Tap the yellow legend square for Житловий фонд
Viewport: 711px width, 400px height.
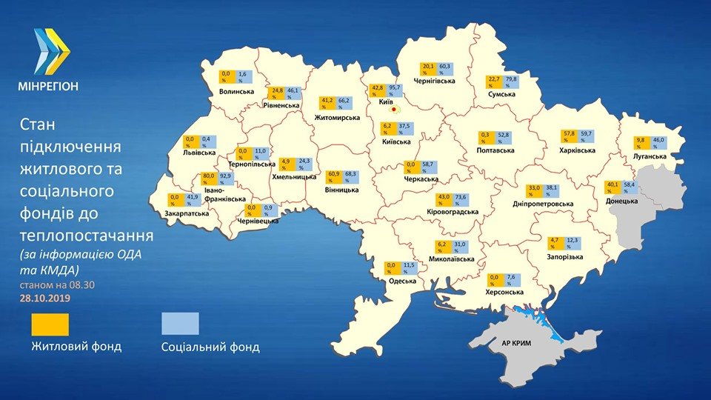pyautogui.click(x=50, y=324)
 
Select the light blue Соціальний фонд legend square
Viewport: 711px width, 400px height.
pyautogui.click(x=180, y=324)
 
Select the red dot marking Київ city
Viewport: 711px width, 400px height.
pyautogui.click(x=394, y=112)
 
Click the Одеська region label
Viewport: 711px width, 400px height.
pyautogui.click(x=402, y=281)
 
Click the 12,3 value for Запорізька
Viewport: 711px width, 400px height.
pyautogui.click(x=572, y=242)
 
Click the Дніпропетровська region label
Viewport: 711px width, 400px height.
pyautogui.click(x=543, y=204)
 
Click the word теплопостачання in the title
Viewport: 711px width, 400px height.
pyautogui.click(x=87, y=236)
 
